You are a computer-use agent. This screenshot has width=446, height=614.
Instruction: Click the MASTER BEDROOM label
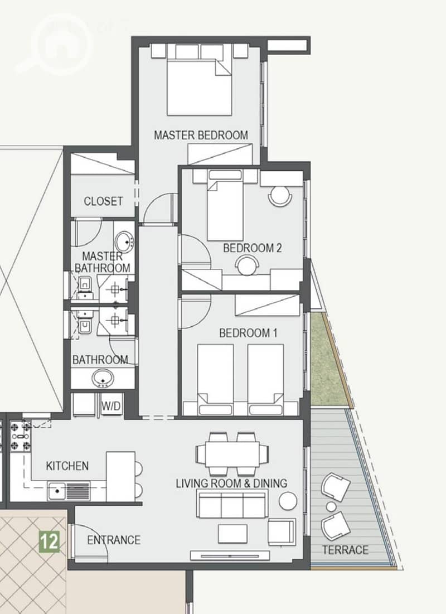point(201,135)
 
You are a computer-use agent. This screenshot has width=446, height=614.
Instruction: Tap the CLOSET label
point(103,201)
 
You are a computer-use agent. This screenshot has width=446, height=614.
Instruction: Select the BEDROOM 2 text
point(252,248)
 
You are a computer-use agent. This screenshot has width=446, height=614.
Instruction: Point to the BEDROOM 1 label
point(248,333)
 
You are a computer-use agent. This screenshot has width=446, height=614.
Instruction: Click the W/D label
point(111,406)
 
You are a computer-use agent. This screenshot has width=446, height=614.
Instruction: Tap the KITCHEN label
point(67,466)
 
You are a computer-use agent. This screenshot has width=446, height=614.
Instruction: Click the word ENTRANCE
point(114,540)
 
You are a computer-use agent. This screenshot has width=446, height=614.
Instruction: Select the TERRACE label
point(345,550)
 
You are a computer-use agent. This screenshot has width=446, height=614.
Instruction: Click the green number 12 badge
point(49,542)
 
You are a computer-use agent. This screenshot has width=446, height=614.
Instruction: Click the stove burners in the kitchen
point(21,436)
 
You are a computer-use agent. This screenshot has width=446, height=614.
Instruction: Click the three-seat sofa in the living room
point(232,504)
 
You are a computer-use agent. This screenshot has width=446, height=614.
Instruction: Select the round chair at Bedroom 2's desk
point(246,265)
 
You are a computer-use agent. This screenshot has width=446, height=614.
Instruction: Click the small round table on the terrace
point(331,507)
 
